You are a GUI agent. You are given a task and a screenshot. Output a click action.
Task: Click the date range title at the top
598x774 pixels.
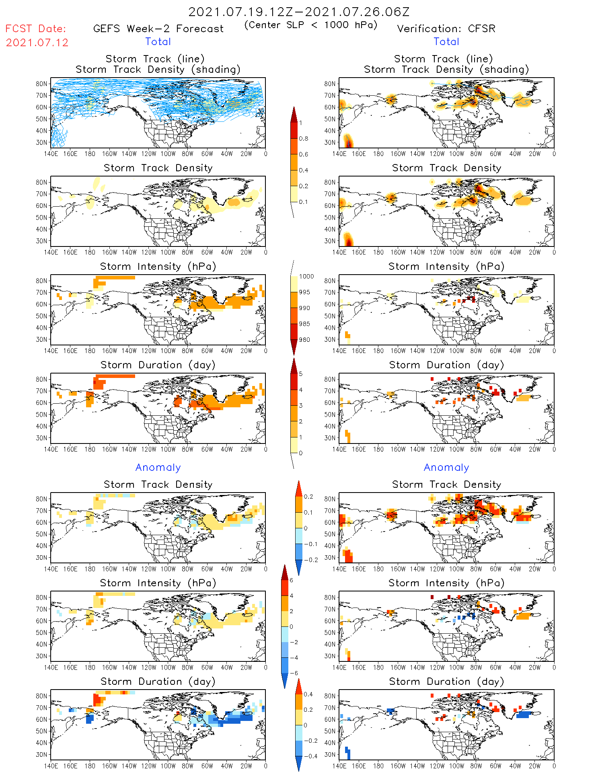pos(299,12)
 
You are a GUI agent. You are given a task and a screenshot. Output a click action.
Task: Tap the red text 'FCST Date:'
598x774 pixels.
pos(36,29)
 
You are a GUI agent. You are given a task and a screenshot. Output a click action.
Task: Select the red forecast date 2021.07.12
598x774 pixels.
pos(37,43)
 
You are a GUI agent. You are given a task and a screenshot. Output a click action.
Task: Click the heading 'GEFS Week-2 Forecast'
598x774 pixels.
pos(158,29)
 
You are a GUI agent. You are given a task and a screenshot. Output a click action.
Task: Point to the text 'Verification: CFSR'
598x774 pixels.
pos(446,29)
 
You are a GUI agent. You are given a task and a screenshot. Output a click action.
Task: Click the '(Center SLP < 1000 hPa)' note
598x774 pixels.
pos(311,25)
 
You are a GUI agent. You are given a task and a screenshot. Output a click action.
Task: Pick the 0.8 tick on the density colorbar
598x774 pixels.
pos(304,139)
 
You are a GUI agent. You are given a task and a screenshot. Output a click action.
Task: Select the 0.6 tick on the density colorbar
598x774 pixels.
pos(304,154)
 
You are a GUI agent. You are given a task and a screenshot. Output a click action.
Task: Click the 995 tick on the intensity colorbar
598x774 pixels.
pos(304,292)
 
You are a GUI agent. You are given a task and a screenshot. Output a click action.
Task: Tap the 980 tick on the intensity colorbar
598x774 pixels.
pos(304,340)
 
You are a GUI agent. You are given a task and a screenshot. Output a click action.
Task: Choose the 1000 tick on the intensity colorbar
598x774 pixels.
pos(306,277)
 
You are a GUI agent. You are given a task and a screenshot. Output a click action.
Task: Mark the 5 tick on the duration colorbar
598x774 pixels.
pos(301,374)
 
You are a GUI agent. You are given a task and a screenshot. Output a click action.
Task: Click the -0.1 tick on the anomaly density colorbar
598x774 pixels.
pos(310,544)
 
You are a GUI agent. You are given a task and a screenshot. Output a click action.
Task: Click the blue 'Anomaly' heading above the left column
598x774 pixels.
pos(158,468)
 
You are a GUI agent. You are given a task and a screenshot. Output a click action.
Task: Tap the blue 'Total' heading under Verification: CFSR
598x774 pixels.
pos(446,42)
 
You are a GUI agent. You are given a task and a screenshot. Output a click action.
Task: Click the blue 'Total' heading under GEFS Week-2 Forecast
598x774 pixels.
pos(158,42)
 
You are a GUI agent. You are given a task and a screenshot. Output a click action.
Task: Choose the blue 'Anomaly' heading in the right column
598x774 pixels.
pos(446,468)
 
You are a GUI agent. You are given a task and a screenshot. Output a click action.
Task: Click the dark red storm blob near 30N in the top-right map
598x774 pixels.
pos(349,142)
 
